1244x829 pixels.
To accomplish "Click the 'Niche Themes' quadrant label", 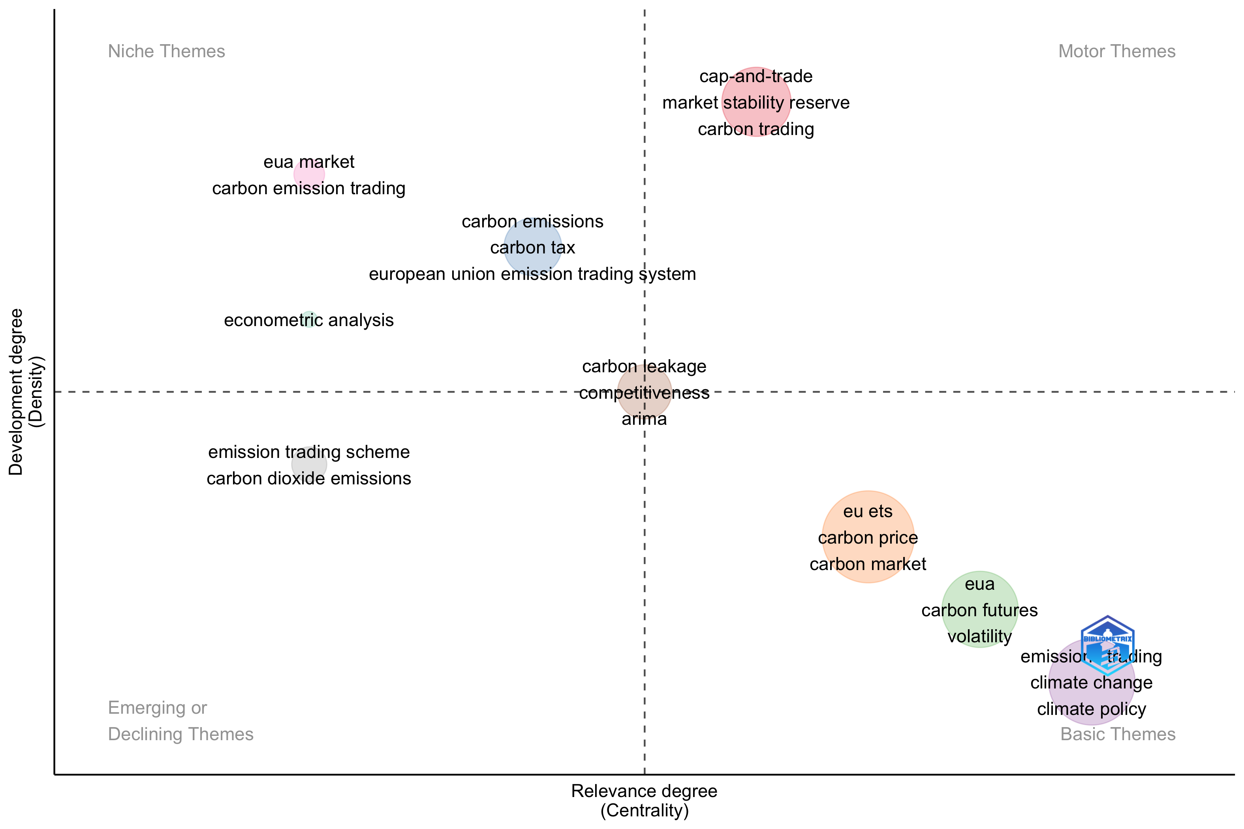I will [x=166, y=51].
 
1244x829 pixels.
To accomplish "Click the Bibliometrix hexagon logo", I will [x=1107, y=645].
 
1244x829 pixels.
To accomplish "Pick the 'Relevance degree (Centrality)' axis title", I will [x=644, y=801].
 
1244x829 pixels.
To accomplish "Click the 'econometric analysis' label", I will [x=308, y=321].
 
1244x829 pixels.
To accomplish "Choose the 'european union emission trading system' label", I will [x=532, y=274].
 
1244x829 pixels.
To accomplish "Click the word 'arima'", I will [x=644, y=419].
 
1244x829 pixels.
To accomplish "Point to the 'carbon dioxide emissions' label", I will [x=308, y=478].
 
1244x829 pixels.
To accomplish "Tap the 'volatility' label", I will [x=979, y=636].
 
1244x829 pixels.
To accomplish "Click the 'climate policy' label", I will [x=1091, y=709].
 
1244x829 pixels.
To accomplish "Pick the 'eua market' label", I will [x=308, y=162].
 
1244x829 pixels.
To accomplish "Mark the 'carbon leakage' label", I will [x=644, y=366].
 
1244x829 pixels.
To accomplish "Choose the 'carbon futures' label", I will [x=979, y=610].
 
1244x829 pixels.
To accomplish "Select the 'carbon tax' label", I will [x=532, y=248].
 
